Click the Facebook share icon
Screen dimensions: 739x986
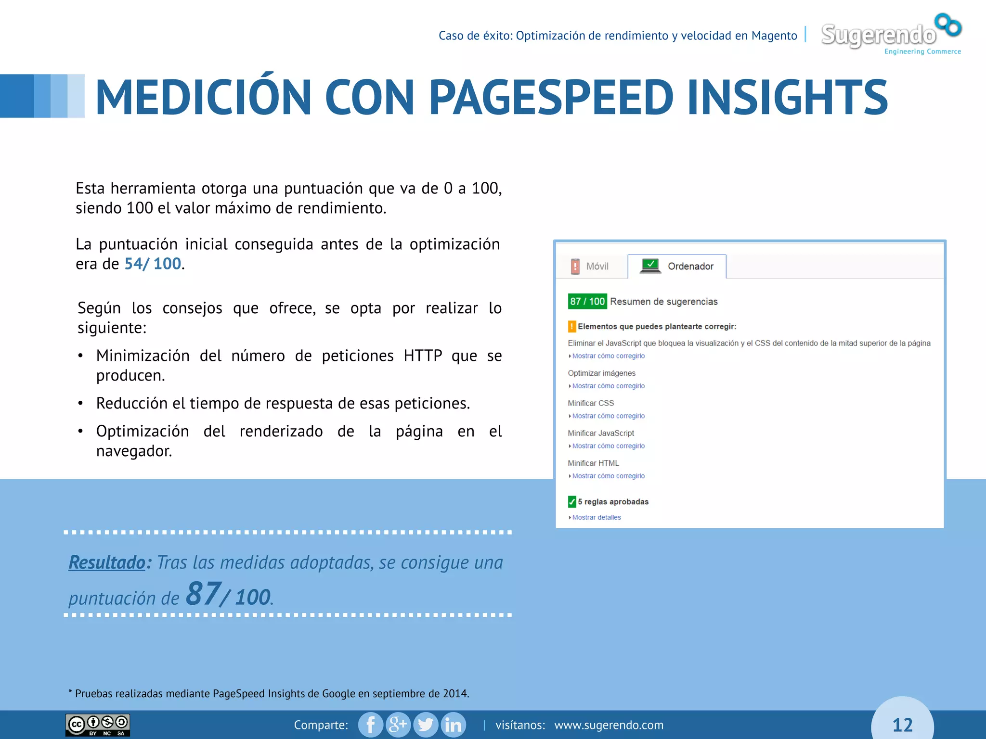tap(371, 725)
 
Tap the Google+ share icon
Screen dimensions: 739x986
tap(398, 725)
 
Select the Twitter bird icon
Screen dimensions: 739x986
tap(426, 725)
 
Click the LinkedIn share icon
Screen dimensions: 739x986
tap(453, 725)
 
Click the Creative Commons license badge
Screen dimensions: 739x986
tap(98, 725)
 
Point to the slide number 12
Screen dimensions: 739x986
tap(902, 725)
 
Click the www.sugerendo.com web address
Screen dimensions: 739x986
tap(609, 725)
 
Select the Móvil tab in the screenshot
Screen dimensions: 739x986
tap(590, 266)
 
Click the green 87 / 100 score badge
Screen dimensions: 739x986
tap(587, 302)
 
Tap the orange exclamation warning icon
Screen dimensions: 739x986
tap(572, 327)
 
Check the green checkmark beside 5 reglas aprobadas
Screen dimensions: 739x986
tap(572, 502)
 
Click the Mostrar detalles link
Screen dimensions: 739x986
tap(596, 518)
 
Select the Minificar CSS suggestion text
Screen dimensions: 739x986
tap(591, 403)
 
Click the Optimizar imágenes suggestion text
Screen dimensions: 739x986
tap(601, 373)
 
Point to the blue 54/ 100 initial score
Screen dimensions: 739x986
tap(153, 264)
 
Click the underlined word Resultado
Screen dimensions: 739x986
tap(107, 562)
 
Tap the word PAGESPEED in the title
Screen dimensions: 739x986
tap(551, 98)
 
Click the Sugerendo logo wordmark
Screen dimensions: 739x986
tap(878, 35)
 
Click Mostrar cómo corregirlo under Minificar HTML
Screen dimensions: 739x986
tap(608, 476)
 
